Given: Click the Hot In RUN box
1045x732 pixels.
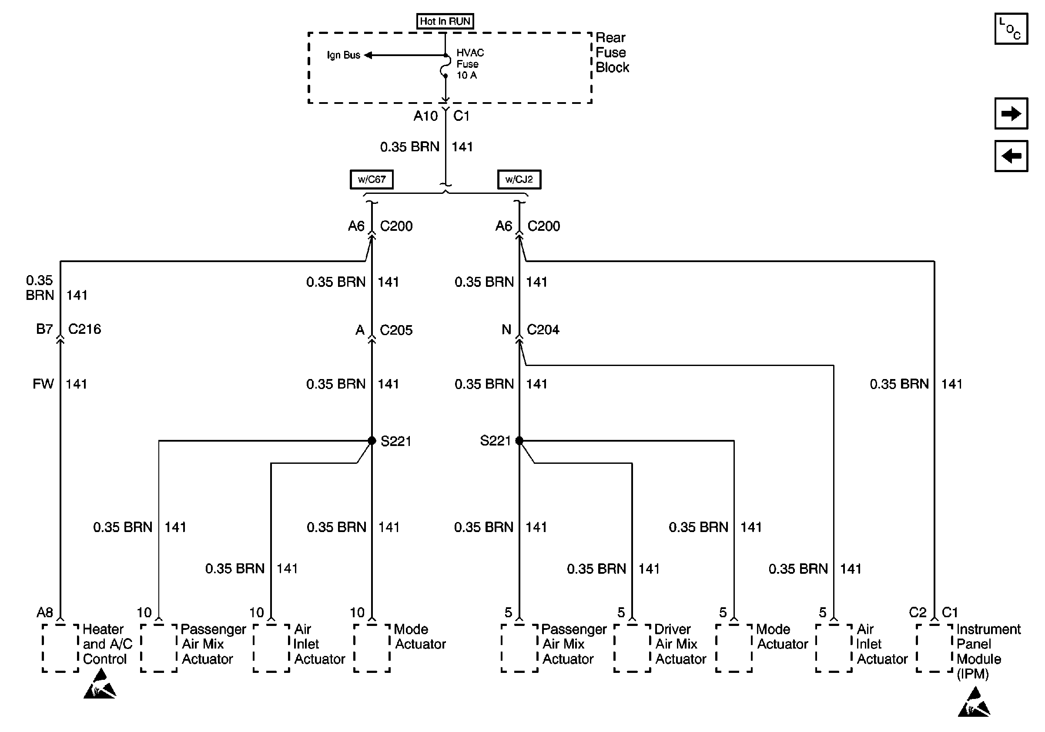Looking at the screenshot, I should [445, 21].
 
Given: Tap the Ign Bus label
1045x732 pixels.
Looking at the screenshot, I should [343, 55].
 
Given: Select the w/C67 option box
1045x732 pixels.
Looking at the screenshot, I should [372, 179].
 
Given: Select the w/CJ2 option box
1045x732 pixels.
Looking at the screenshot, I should [519, 179].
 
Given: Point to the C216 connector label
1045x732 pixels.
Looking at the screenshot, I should [84, 329].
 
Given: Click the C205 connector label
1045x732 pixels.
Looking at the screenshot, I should [396, 329].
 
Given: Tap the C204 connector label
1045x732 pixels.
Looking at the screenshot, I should [543, 329].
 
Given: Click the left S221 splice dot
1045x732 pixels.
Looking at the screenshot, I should [372, 441].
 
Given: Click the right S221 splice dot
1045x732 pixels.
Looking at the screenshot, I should [519, 441].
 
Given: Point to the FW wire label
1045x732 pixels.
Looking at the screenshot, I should [43, 384].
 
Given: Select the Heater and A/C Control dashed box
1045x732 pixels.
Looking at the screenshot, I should [60, 647].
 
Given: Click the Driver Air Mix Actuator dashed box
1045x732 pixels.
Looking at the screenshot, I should [632, 647].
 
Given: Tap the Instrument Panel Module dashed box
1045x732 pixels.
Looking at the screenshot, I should [934, 647].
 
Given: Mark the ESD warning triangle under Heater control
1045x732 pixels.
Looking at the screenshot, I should [100, 685].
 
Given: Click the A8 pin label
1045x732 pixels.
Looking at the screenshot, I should [45, 612].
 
